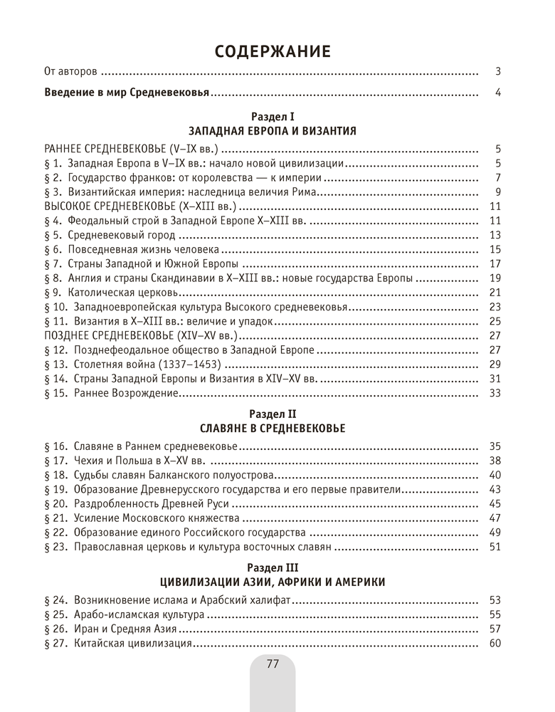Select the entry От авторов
[x=70, y=71]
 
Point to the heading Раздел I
[x=273, y=116]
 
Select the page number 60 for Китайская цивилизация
[x=496, y=644]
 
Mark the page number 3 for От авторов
[x=499, y=71]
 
